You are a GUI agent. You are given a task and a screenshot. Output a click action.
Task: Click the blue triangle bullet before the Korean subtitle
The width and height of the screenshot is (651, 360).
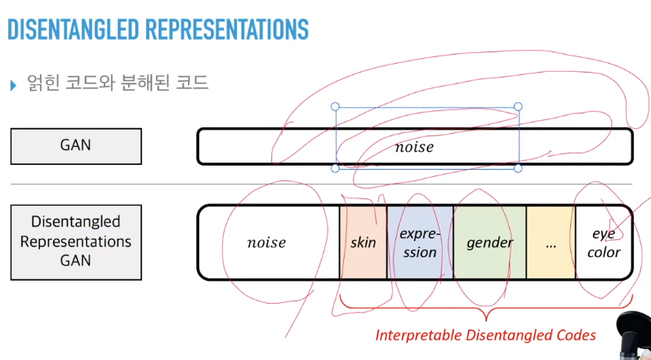point(12,84)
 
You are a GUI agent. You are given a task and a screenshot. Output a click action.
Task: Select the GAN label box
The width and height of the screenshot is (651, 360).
point(75,146)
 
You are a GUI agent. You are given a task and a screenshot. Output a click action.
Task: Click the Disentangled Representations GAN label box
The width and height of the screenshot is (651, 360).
point(75,242)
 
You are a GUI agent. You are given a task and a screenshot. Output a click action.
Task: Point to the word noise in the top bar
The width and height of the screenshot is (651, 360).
point(413,148)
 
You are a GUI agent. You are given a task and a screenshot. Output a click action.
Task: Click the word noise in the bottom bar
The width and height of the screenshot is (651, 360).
point(266,242)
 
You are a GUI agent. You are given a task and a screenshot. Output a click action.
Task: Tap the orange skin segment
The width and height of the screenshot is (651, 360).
point(363,242)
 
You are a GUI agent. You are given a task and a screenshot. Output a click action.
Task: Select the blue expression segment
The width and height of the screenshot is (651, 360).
point(420,242)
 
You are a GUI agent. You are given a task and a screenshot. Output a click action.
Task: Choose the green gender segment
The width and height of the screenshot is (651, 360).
point(489,242)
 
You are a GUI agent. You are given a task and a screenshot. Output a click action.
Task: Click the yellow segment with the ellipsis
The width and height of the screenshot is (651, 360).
point(551,242)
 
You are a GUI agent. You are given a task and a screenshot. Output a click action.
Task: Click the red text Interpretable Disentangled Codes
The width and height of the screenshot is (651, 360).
point(485,335)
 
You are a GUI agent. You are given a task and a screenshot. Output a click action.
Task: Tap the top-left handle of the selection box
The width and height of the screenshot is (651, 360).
point(335,107)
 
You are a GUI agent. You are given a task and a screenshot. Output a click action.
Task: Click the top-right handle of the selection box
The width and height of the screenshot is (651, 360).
point(518,107)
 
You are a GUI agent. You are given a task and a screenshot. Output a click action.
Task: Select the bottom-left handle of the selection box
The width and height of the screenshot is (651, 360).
point(335,167)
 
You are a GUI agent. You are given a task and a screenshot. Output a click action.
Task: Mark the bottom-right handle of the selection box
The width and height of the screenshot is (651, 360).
point(518,167)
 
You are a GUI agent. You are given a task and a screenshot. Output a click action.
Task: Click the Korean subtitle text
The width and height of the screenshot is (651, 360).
point(118,83)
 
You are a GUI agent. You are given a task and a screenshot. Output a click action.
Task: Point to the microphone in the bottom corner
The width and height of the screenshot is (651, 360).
point(632,335)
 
